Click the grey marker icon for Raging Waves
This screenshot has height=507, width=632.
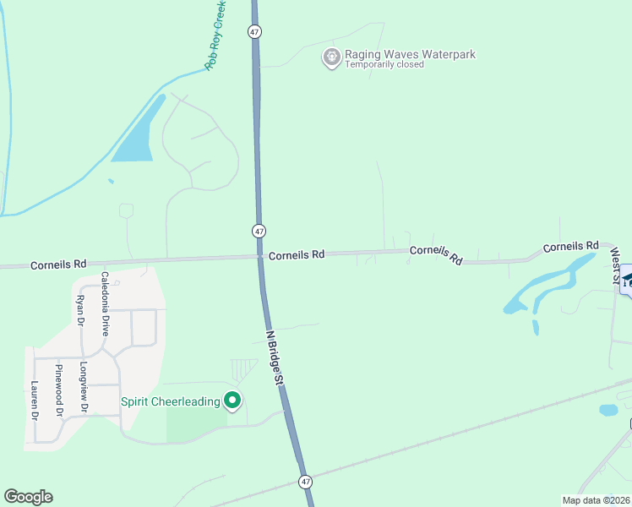click(x=331, y=57)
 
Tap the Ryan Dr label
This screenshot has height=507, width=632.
click(x=80, y=310)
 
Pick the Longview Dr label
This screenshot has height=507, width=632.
click(x=83, y=388)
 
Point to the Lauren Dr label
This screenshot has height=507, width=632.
click(x=35, y=401)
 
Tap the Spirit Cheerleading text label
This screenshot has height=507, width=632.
click(x=171, y=401)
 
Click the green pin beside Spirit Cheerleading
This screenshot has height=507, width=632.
click(x=233, y=401)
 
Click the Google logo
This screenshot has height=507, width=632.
click(x=28, y=497)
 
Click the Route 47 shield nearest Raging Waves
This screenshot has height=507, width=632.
click(x=254, y=31)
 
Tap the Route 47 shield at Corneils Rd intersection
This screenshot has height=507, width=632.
click(x=259, y=231)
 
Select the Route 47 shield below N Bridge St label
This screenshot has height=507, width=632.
click(x=305, y=481)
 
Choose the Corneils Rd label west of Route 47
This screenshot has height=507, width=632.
click(x=58, y=264)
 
